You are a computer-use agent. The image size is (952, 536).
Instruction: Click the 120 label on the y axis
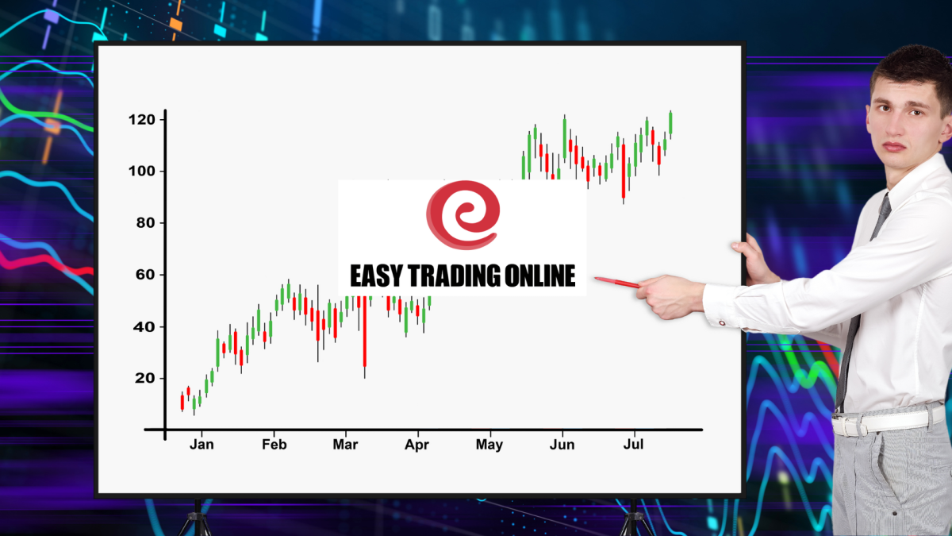[x=142, y=120]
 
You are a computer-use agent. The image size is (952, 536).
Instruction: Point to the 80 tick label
[x=145, y=223]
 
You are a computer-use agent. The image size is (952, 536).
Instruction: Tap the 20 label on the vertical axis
[x=145, y=378]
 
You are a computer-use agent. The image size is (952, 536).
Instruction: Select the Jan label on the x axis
[x=202, y=445]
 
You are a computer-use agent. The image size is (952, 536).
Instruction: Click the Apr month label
[x=417, y=445]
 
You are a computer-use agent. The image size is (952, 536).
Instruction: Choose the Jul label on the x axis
[x=633, y=445]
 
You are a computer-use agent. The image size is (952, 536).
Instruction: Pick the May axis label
[x=489, y=445]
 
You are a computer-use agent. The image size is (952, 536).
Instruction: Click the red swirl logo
[x=463, y=215]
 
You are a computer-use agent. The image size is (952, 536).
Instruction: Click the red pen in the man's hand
[x=617, y=282]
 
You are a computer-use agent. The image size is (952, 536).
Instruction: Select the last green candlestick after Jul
[x=670, y=124]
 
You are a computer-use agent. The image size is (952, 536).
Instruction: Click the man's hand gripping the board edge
[x=755, y=260]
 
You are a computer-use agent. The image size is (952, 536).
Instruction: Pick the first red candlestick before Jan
[x=182, y=402]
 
